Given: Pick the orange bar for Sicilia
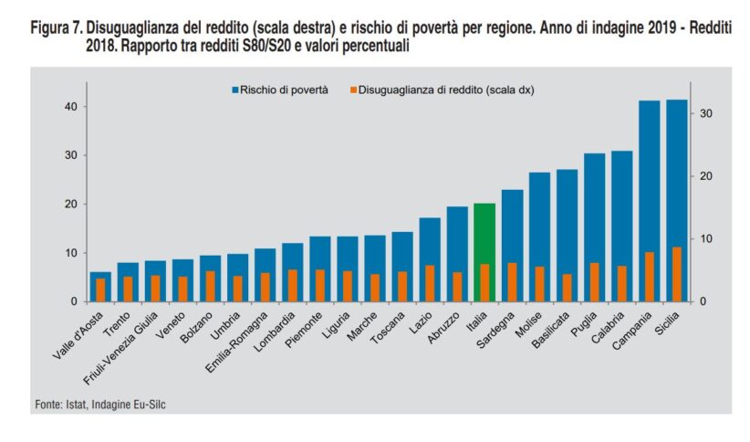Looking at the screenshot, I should tap(676, 274).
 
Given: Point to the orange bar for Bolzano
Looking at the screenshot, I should tap(210, 286).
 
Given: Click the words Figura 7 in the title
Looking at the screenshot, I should tap(55, 29).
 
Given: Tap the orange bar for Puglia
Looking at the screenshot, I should tap(594, 282).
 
